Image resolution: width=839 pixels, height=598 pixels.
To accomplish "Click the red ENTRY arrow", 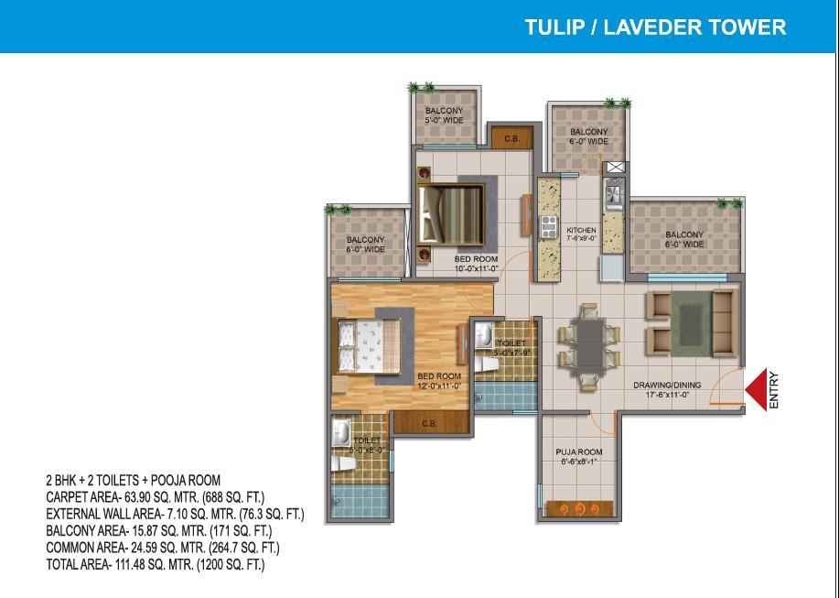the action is [x=756, y=389].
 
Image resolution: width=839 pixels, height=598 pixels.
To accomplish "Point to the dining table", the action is [x=588, y=344].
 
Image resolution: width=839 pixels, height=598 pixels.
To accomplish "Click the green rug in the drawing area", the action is [x=691, y=323].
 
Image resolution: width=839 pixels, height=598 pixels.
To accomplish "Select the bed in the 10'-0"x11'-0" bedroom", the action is [x=452, y=214].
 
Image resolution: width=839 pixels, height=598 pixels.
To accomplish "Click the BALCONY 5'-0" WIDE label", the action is [x=444, y=115].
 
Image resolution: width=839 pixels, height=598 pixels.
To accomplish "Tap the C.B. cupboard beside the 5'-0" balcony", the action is [x=512, y=137].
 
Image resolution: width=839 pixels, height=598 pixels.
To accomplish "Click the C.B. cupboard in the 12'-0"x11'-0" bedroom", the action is [x=431, y=423].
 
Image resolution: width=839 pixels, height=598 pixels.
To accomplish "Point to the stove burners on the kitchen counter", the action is [x=548, y=226].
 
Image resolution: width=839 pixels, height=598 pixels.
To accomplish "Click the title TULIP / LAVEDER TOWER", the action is [x=655, y=27].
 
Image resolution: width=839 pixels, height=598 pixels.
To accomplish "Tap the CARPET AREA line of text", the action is [x=156, y=497].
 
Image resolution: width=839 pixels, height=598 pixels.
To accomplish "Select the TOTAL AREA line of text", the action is [x=156, y=564].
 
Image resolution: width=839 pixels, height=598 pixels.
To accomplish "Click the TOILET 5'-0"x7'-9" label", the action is [x=512, y=348].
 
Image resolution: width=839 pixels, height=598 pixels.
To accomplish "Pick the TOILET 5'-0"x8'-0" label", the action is [x=368, y=445].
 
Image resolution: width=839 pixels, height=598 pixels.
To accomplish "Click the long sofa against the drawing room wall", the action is [x=724, y=323].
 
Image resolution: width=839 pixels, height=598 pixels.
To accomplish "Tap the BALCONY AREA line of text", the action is [x=159, y=530].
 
